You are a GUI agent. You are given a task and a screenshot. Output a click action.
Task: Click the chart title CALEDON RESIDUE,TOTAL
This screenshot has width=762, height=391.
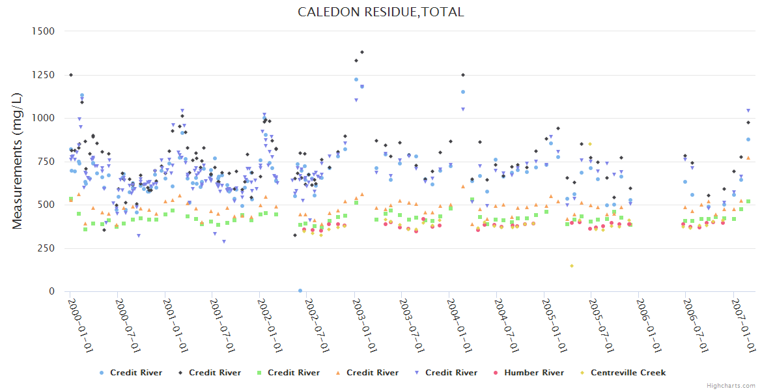pyautogui.click(x=381, y=12)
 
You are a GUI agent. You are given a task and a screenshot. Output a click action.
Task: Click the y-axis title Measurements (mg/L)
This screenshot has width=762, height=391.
pyautogui.click(x=18, y=161)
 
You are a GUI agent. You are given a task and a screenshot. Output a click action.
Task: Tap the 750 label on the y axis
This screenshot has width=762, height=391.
pyautogui.click(x=46, y=162)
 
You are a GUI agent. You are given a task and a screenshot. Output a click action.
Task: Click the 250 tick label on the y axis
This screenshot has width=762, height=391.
pyautogui.click(x=46, y=248)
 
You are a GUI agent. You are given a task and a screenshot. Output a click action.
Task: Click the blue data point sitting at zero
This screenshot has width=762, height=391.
pyautogui.click(x=300, y=291)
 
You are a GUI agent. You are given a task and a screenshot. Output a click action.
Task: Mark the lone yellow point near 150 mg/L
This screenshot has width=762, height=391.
pyautogui.click(x=572, y=266)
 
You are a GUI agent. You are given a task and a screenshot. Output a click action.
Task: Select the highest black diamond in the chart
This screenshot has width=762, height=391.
pyautogui.click(x=362, y=52)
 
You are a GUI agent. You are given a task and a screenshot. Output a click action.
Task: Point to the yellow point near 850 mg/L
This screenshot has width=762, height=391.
pyautogui.click(x=590, y=144)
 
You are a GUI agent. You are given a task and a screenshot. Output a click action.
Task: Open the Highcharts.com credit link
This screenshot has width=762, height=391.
pyautogui.click(x=731, y=385)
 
